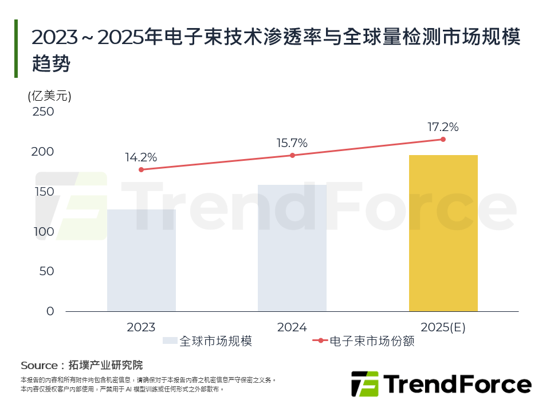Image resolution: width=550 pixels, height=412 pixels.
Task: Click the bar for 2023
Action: point(141,260)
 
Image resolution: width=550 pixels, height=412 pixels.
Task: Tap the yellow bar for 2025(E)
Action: point(443,233)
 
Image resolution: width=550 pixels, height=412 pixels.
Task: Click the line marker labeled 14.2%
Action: point(141,169)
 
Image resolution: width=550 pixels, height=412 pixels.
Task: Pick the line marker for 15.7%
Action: point(292,155)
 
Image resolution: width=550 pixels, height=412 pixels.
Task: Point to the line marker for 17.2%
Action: point(443,139)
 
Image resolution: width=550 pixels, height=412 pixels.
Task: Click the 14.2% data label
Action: point(141,157)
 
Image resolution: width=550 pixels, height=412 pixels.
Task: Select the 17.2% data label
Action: point(443,127)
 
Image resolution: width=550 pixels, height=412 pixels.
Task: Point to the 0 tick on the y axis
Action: point(50,311)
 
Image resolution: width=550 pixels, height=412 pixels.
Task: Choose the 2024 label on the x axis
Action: point(292,327)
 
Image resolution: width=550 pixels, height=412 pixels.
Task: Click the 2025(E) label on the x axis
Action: point(443,327)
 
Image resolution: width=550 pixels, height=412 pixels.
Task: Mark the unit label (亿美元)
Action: point(49,96)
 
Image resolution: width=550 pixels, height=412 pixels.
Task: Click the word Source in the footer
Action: point(39,365)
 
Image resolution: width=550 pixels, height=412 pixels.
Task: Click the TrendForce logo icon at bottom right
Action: point(364,384)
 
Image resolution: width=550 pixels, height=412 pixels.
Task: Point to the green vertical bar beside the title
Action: point(16,49)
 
